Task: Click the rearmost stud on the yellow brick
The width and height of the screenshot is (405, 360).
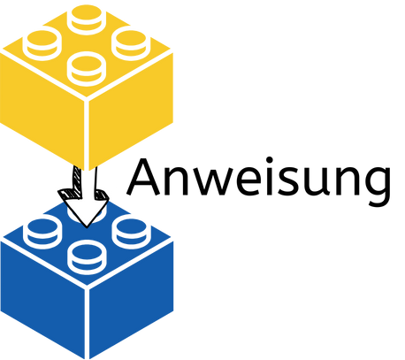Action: pos(87,19)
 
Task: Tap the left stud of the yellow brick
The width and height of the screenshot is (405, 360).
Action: pos(42,44)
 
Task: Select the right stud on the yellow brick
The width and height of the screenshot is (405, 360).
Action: pos(131,44)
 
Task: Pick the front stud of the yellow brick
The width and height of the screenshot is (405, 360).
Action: pos(87,69)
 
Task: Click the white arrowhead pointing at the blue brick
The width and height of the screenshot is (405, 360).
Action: pos(85,211)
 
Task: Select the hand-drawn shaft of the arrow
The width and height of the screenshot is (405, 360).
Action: pos(85,180)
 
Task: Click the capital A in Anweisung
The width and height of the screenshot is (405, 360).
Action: pos(143,178)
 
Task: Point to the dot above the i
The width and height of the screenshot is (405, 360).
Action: pos(270,160)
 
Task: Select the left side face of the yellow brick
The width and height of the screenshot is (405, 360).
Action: pos(42,112)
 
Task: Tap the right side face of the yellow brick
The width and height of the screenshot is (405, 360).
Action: pos(131,112)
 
